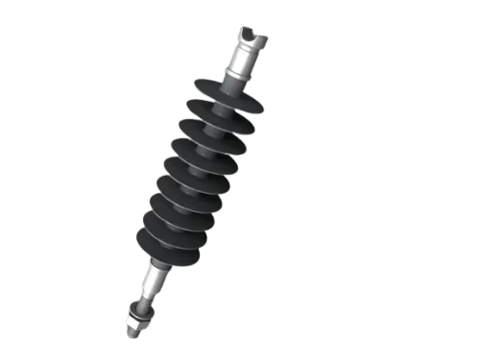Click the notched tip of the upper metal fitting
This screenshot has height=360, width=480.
250,37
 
